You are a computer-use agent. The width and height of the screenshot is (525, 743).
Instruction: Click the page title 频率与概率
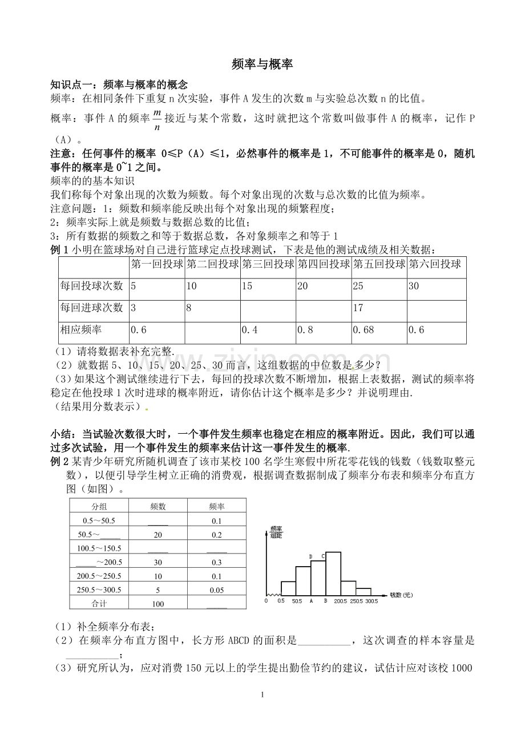[x=262, y=64]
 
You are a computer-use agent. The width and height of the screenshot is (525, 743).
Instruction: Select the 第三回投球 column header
[x=268, y=264]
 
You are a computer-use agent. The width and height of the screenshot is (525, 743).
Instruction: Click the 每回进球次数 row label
[x=92, y=308]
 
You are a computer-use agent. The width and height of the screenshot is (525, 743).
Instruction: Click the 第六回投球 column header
[x=435, y=264]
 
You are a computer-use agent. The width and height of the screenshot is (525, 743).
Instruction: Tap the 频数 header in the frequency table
[x=158, y=506]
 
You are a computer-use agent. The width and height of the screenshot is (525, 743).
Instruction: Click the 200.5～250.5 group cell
[x=99, y=576]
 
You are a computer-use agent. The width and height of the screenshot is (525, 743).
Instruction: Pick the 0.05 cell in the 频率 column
[x=216, y=590]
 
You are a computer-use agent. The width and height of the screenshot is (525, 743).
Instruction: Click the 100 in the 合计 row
[x=158, y=604]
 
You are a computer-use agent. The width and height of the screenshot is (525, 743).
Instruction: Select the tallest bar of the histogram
[x=333, y=574]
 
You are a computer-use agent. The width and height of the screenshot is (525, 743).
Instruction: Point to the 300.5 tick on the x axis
[x=371, y=601]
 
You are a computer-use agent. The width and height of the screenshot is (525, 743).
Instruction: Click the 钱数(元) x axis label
[x=401, y=595]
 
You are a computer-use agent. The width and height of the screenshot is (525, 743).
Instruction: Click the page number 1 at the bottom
[x=262, y=694]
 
